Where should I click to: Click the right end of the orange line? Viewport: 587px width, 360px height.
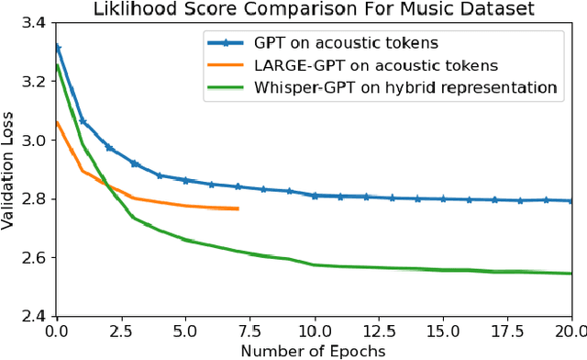[x=238, y=209]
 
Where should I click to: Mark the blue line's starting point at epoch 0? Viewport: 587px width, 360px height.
[x=57, y=47]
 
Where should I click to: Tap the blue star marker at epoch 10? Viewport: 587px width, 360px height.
[x=315, y=196]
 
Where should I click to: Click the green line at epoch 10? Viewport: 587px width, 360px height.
[x=315, y=264]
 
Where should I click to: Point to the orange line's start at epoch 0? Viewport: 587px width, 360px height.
[x=57, y=122]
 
